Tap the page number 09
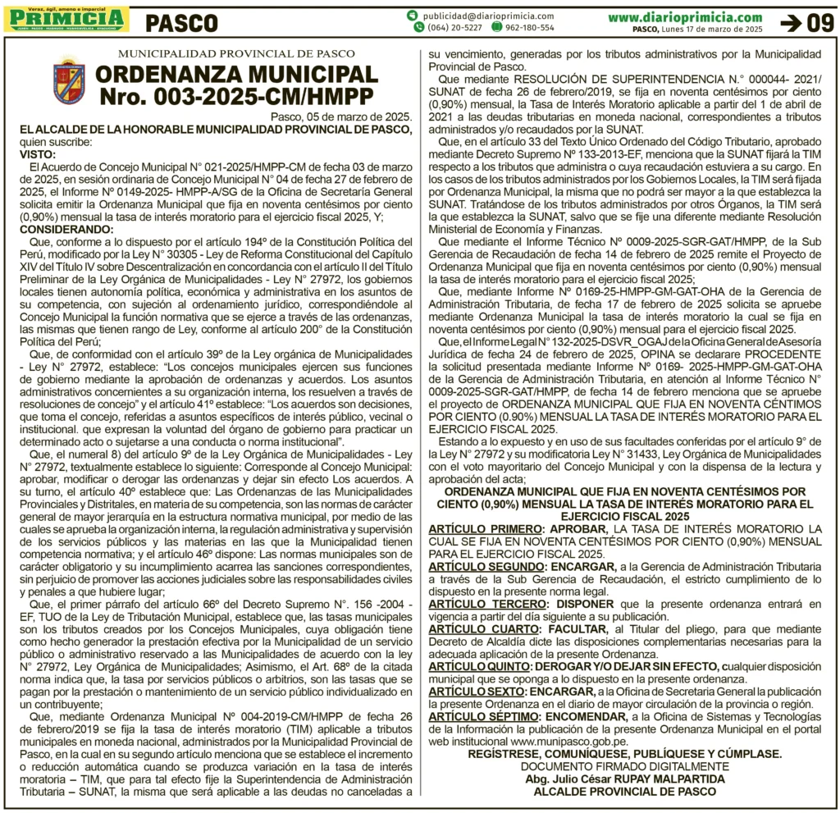click(819, 23)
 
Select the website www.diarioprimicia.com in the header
click(685, 16)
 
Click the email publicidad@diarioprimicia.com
click(489, 16)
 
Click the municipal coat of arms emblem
click(69, 81)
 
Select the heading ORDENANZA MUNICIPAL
click(236, 75)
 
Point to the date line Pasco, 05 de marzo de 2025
click(340, 116)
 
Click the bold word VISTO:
click(38, 154)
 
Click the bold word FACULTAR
click(579, 628)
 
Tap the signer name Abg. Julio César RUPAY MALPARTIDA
click(625, 779)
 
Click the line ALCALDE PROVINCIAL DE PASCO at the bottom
click(625, 791)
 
